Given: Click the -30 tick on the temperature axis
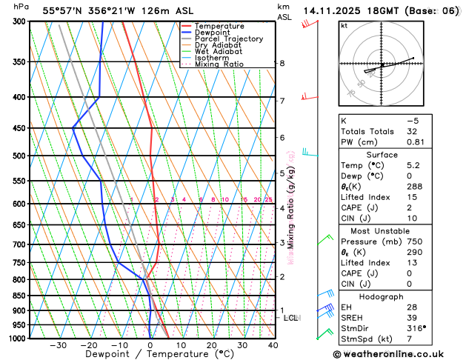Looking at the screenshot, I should [58, 344].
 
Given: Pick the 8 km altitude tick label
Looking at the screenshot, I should [282, 64].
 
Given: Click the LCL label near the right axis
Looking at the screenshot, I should [291, 318].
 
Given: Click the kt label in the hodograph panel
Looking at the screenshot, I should [344, 25].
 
